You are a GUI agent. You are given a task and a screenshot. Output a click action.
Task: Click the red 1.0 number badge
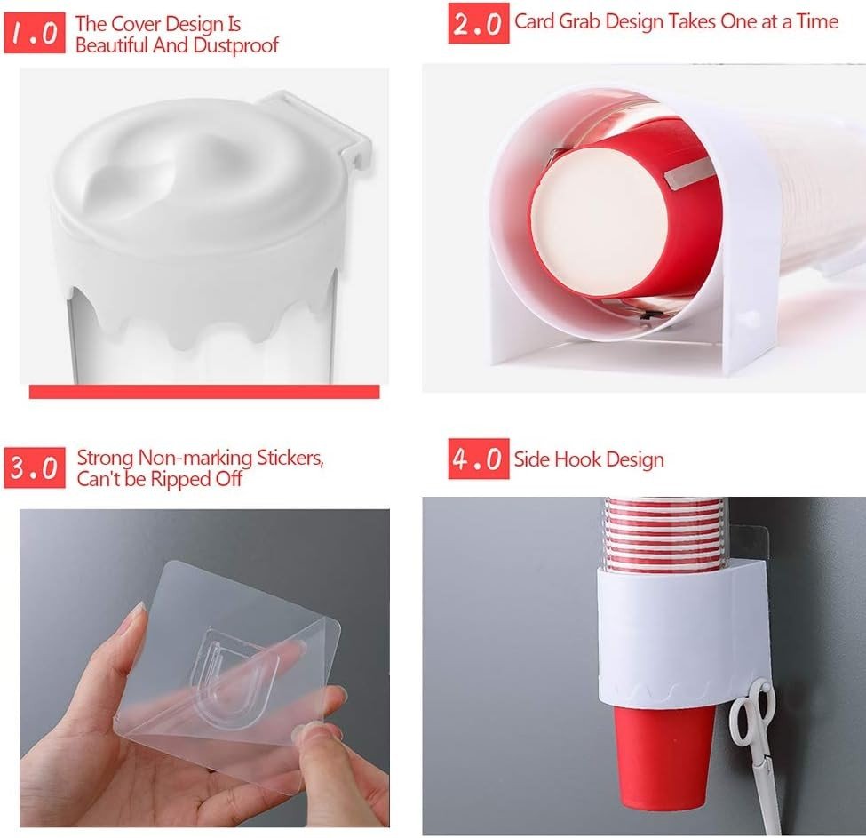point(35,33)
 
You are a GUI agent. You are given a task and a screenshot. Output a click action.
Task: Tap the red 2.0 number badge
point(478,23)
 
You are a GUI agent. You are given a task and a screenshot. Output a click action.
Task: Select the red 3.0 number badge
point(35,468)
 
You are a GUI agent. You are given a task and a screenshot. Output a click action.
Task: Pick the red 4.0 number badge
point(478,459)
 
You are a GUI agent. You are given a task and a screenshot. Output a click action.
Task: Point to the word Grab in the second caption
point(579,22)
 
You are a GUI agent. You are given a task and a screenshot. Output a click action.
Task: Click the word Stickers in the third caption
point(290,459)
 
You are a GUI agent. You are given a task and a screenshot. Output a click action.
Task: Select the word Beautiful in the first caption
point(112,45)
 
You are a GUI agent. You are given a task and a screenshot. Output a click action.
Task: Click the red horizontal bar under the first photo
point(204,392)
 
